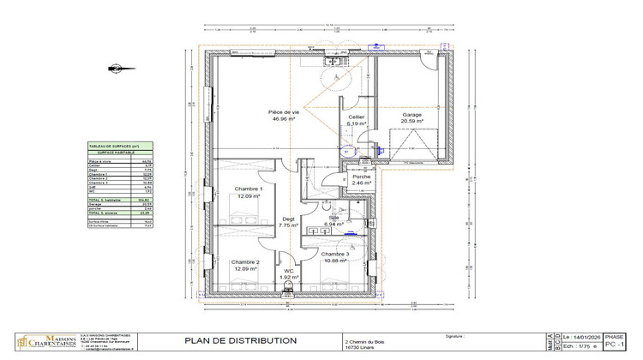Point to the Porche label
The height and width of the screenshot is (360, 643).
coord(361,177)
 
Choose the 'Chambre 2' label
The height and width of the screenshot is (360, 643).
coord(245,262)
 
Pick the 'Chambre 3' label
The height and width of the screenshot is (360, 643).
coord(335,254)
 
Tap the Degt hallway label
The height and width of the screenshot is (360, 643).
coord(289,219)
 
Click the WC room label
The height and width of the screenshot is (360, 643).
coord(289,270)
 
